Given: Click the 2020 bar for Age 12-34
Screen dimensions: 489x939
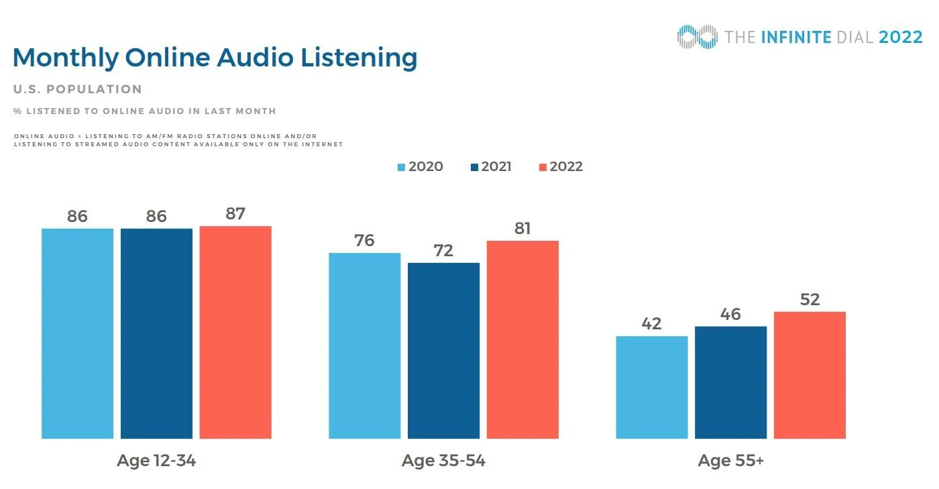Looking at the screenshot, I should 77,333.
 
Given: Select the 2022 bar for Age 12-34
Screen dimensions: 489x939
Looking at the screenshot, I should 235,332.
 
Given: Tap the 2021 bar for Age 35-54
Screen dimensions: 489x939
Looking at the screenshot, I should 443,350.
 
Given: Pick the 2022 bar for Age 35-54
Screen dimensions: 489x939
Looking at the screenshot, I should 522,339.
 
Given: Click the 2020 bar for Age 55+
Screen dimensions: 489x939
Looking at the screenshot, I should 651,387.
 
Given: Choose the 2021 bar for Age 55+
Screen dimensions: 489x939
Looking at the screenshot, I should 730,382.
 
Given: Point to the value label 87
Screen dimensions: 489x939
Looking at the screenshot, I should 235,214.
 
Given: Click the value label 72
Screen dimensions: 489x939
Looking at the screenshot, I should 443,251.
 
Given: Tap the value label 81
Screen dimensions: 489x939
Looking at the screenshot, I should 522,229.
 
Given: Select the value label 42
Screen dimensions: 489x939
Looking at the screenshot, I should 651,324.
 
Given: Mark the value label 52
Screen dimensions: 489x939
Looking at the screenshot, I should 810,300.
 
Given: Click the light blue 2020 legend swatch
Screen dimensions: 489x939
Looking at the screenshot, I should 401,167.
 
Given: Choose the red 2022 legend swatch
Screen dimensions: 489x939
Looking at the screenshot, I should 543,167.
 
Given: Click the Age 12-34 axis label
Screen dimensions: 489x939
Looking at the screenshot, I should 156,461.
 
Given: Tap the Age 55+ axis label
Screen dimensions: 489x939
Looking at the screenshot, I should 730,461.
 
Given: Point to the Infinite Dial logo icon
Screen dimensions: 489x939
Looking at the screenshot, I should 698,37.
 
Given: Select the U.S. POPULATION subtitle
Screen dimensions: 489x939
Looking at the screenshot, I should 77,89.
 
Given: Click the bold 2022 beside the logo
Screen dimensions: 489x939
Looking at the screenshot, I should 901,37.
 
